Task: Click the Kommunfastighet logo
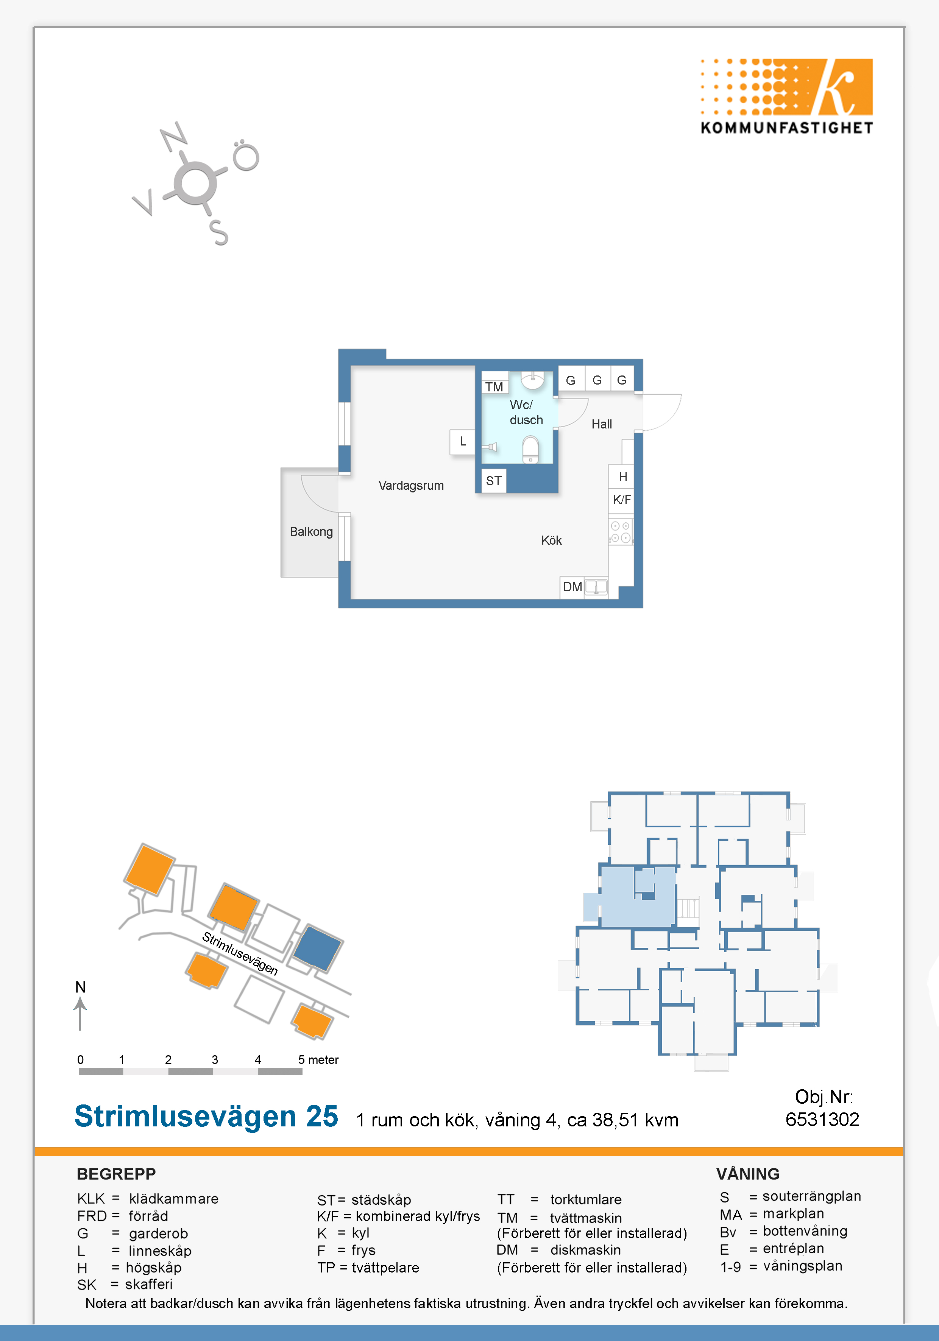(786, 97)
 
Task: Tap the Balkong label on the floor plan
(312, 531)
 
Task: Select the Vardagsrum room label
(411, 485)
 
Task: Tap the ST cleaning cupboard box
(494, 481)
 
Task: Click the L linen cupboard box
(462, 442)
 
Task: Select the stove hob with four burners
(621, 531)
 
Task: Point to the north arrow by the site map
(80, 1013)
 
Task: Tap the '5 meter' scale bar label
(318, 1059)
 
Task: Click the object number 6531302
(822, 1119)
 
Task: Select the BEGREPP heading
(116, 1174)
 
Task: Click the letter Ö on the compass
(245, 155)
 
